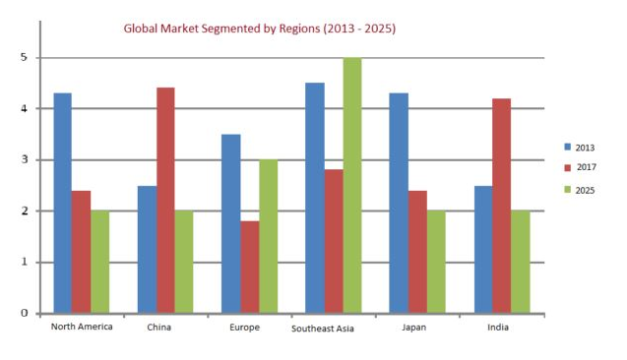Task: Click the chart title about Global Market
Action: click(259, 29)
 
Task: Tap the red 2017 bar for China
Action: click(165, 201)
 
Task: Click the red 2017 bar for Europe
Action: click(249, 267)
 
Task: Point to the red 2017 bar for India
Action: click(500, 206)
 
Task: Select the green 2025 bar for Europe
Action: click(268, 236)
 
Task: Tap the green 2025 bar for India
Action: click(519, 262)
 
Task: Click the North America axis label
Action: click(81, 327)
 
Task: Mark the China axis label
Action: click(159, 327)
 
